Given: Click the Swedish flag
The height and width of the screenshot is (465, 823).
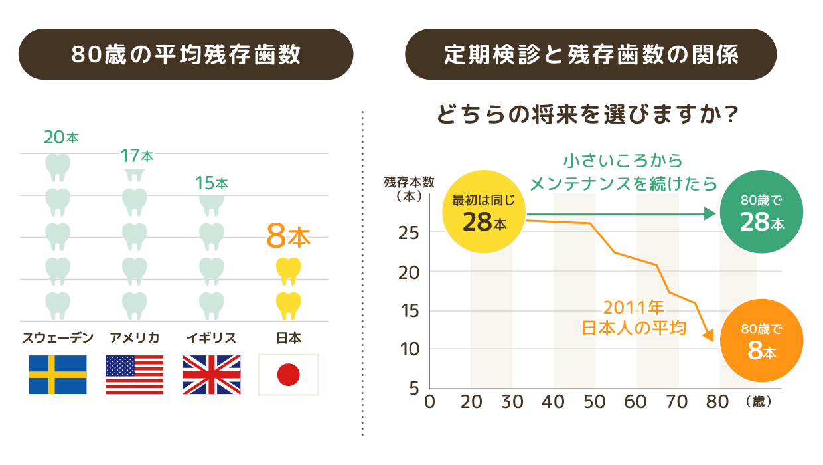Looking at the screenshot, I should pos(58,375).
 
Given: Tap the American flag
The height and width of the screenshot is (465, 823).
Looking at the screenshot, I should pos(135,375).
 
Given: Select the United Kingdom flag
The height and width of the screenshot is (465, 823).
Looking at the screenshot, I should pos(212,375).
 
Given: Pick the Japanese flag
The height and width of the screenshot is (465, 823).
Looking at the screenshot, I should pos(288,375).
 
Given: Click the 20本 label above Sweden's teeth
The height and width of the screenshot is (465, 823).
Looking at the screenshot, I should pos(60,138).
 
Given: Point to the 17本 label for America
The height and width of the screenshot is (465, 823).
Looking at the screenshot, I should pos(137,156).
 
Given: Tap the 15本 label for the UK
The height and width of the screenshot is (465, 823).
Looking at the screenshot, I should pos(212,183).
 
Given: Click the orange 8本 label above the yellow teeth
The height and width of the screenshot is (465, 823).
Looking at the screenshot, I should pos(288,236).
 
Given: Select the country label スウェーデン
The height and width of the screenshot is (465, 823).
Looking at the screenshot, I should pos(58,338).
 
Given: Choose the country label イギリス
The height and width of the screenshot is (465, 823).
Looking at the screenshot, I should pos(212,338).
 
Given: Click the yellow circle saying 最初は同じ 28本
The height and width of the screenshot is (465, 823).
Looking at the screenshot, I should pos(484,211).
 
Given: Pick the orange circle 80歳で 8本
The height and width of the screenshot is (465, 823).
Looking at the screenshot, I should pos(761,341).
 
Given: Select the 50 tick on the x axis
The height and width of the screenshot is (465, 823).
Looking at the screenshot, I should pos(595,402).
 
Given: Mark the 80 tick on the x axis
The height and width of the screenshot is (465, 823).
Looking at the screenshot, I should pos(719,402).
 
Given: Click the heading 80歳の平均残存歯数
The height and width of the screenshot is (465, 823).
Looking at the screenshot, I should pos(186,54).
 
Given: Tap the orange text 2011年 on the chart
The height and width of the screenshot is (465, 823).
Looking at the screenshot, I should pos(633,308).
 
